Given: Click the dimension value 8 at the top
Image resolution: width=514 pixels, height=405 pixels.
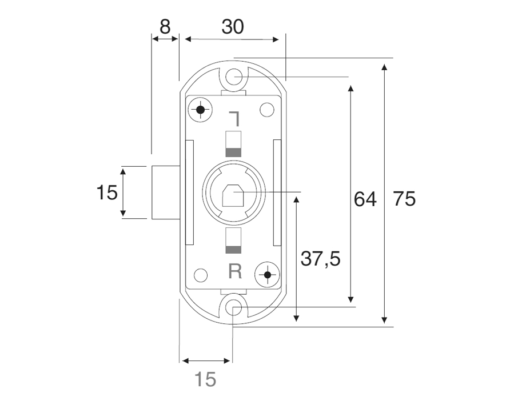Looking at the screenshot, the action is [165, 27].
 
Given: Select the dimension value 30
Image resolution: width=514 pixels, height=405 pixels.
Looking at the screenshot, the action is [233, 27].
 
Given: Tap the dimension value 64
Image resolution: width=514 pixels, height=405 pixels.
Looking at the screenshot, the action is [365, 199].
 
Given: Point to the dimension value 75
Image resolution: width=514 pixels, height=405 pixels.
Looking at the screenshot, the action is [405, 199].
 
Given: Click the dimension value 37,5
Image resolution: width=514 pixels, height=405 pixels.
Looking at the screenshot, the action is [321, 259].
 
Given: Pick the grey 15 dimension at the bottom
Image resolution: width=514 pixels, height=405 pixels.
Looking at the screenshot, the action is [205, 379].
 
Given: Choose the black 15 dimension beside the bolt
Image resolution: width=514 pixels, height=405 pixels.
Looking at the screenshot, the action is [107, 192].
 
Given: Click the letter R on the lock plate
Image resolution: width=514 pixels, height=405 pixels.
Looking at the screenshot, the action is [235, 271].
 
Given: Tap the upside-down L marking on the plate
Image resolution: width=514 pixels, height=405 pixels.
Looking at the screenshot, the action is [235, 119].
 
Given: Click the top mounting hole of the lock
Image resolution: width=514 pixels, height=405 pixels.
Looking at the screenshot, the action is [234, 77].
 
